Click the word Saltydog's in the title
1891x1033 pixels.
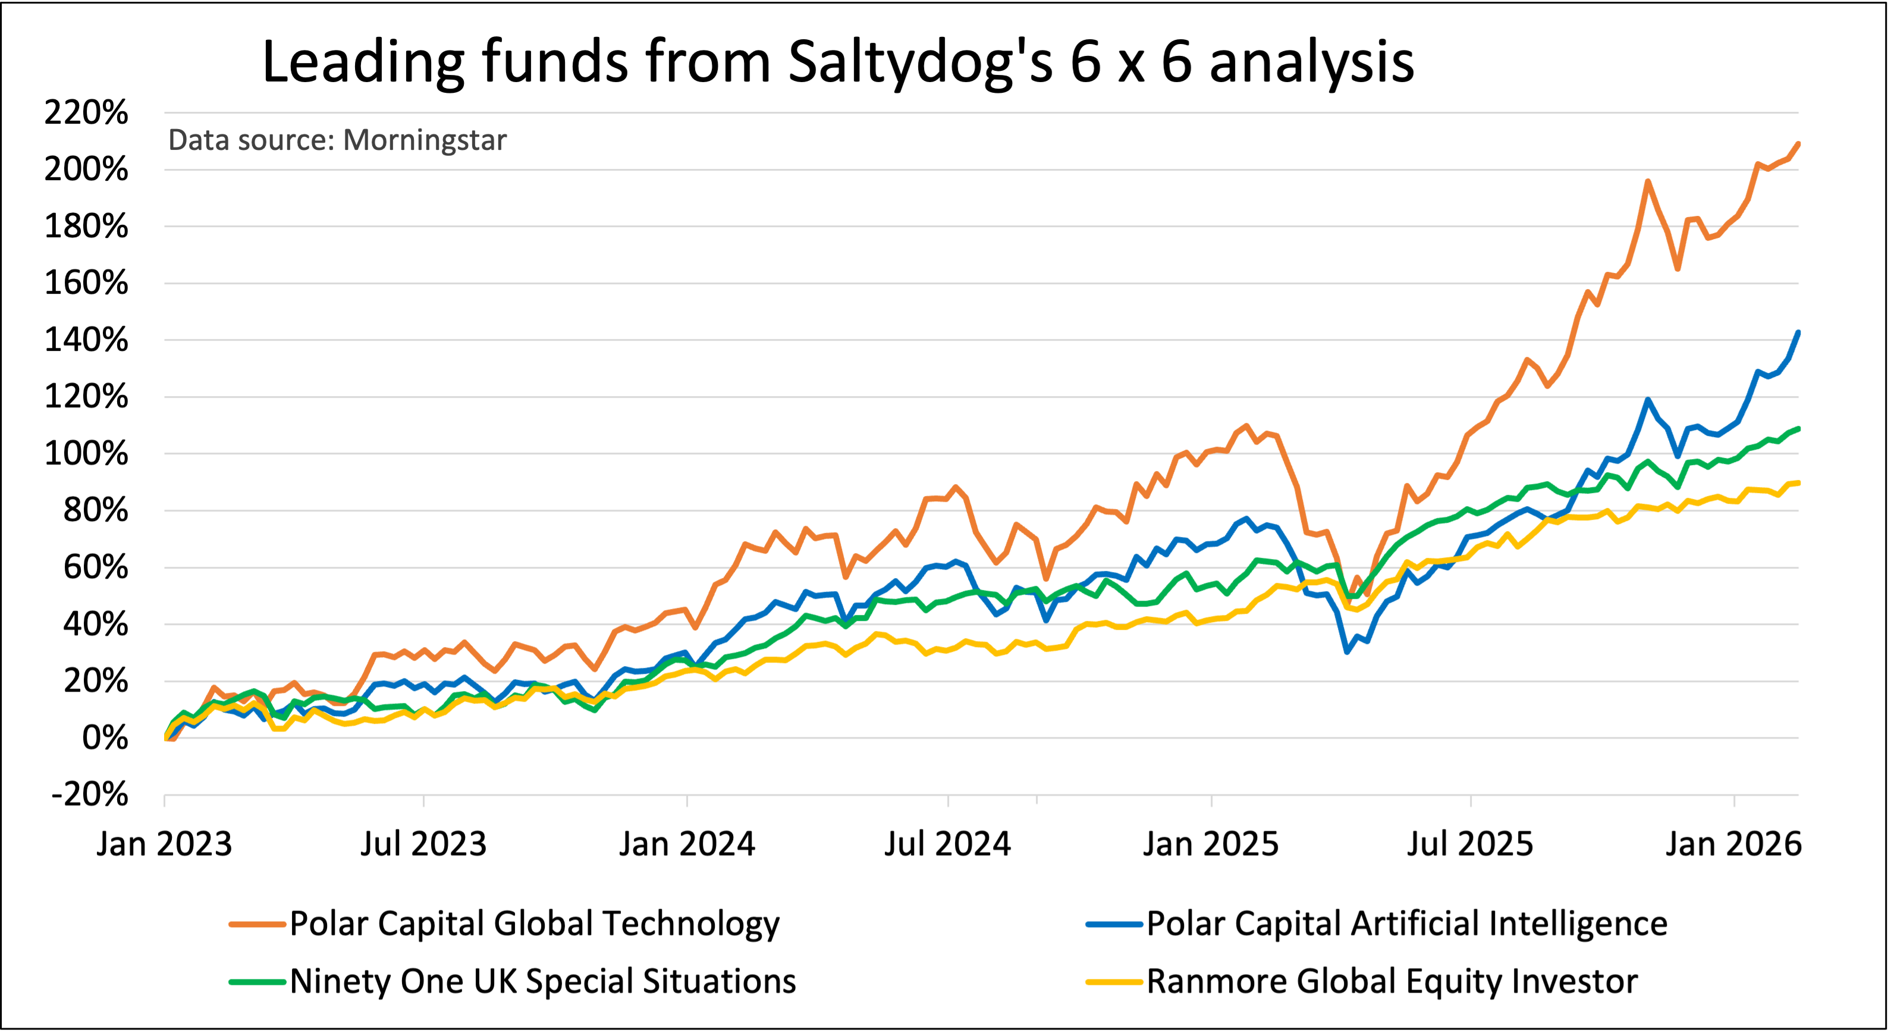coord(921,62)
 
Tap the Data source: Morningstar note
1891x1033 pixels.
coord(337,140)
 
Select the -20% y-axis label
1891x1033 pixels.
coord(89,795)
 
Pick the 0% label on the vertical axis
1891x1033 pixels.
coord(105,738)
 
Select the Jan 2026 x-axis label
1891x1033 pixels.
coord(1733,844)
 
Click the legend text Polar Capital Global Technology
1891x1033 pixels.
coord(535,924)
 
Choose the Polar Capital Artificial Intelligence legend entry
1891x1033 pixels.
coord(1406,924)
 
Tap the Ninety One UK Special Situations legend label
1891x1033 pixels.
coord(542,982)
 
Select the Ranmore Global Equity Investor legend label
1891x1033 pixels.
coord(1392,982)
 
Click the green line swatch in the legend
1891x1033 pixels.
coord(257,982)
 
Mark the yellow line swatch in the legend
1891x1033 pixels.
coord(1114,982)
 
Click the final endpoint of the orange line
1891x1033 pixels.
coord(1798,144)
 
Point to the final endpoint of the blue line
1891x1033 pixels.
coord(1798,332)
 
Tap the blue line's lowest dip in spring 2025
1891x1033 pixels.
coord(1347,651)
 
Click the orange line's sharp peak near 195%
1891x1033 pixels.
coord(1648,181)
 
